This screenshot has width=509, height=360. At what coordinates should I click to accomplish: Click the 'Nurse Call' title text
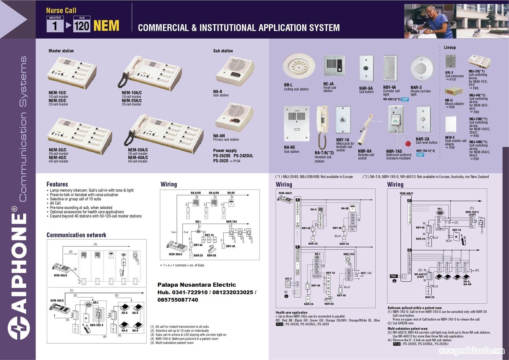[61, 11]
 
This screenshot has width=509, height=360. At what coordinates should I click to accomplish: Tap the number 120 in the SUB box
[82, 26]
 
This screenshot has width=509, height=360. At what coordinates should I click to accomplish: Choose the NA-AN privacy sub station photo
[234, 116]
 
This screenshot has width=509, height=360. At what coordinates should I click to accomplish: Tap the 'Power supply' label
[225, 151]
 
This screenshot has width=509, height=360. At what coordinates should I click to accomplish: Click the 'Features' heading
[57, 184]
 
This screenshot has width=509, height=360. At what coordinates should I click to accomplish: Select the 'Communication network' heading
[76, 235]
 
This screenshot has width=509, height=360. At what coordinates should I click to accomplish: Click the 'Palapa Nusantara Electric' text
[196, 285]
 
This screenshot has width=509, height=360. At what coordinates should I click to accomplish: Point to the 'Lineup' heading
[450, 48]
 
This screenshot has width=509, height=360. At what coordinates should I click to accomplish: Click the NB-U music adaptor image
[453, 92]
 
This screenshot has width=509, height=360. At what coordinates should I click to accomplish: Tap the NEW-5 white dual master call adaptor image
[451, 125]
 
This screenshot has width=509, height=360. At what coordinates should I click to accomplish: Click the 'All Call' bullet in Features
[55, 203]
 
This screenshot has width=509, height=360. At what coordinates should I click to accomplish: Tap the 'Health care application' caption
[291, 312]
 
